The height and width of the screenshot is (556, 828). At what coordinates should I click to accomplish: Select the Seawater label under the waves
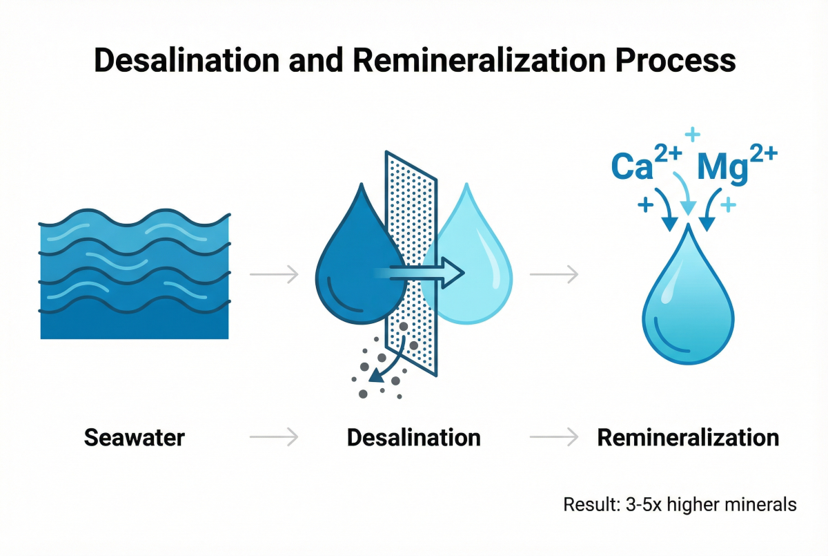[135, 437]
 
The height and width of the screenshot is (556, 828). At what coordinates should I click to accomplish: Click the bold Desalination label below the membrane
[413, 437]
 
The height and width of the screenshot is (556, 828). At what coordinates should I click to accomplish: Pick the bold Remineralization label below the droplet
[688, 437]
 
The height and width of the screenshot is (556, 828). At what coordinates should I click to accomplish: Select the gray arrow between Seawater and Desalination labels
[273, 437]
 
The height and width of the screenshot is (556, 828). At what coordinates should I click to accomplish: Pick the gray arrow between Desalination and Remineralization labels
[553, 437]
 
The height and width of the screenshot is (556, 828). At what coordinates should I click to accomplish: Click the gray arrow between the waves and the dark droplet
[273, 275]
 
